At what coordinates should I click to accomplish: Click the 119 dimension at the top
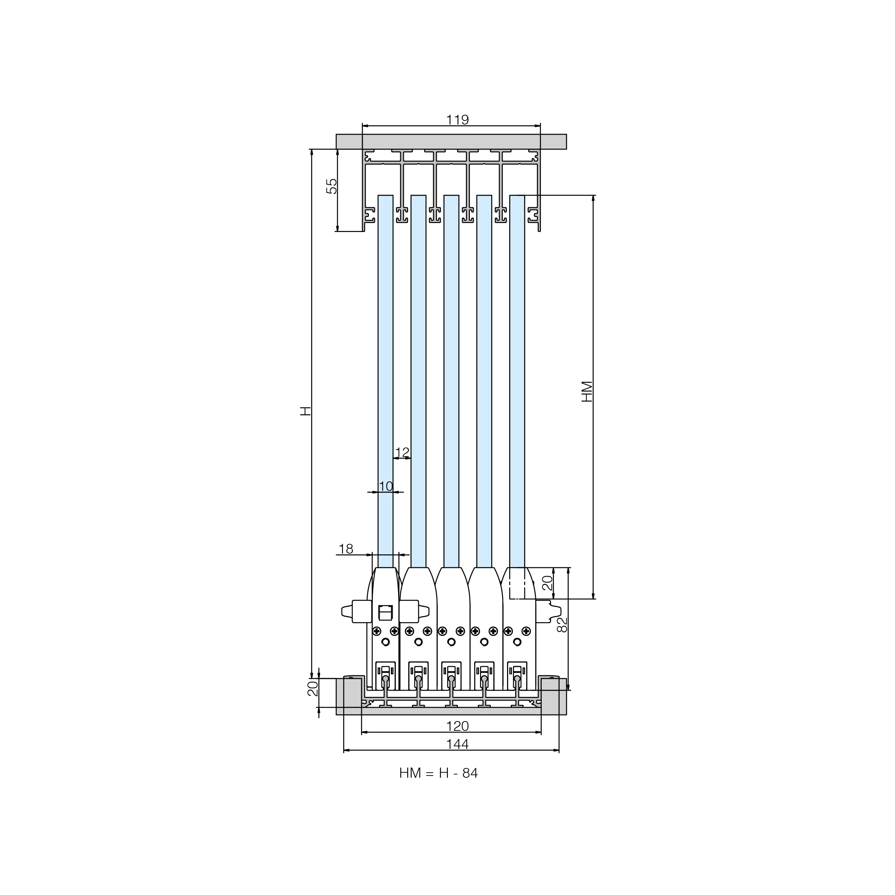457,120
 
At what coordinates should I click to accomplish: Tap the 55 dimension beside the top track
332,186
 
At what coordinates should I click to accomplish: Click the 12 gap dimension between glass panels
402,452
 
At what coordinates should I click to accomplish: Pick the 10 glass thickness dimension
386,486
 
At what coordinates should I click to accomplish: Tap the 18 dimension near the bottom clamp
346,549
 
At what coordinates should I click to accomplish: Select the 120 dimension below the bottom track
457,726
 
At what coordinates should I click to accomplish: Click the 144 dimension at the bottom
457,744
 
